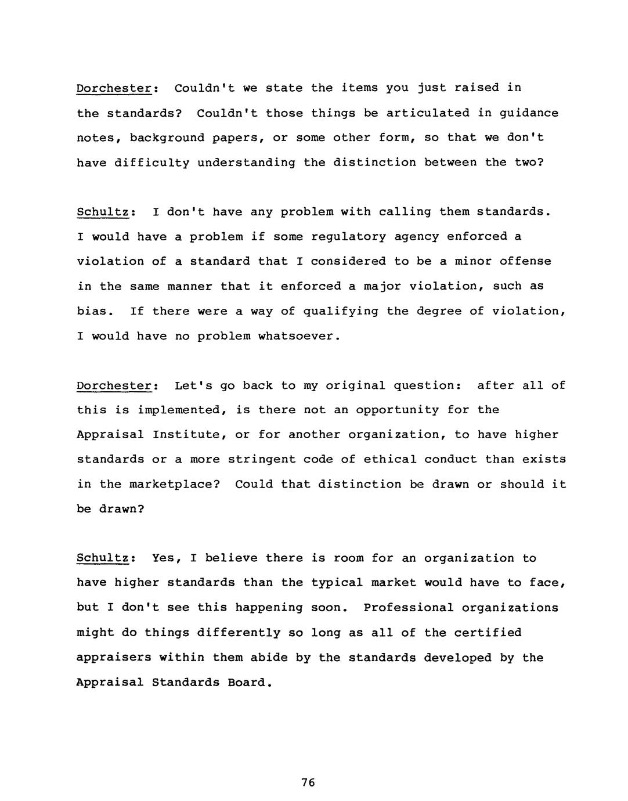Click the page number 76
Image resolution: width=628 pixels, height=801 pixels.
click(x=308, y=782)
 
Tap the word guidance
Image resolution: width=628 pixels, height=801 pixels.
click(x=528, y=114)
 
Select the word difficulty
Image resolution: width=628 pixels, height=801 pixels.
click(x=152, y=163)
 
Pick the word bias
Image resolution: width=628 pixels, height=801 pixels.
click(x=92, y=311)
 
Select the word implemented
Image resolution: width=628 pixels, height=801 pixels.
click(x=182, y=410)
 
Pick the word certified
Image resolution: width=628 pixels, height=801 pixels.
click(x=488, y=633)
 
